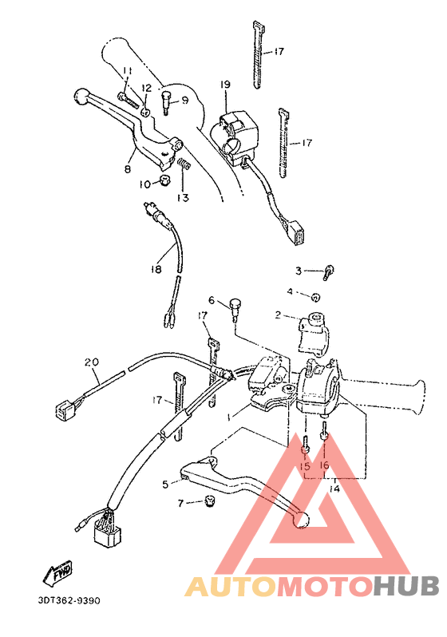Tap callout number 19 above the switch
(225, 85)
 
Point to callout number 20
(91, 362)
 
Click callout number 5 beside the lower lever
(165, 484)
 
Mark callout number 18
(156, 269)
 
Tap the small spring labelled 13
(184, 165)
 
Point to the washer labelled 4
(316, 297)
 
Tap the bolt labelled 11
(130, 98)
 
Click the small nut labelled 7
(210, 500)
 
